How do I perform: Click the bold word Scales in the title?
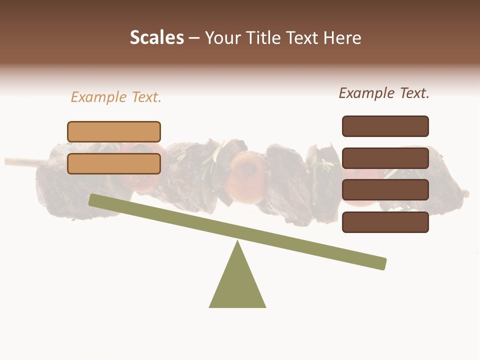click(156, 37)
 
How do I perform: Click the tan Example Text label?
click(116, 97)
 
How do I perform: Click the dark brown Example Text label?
click(384, 93)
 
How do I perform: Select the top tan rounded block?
click(114, 131)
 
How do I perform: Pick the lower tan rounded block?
click(114, 163)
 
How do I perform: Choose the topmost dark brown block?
click(385, 126)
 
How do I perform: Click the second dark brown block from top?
click(385, 158)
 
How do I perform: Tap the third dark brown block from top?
click(385, 190)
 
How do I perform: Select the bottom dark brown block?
click(385, 222)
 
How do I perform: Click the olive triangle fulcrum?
click(237, 285)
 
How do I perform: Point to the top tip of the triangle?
click(237, 242)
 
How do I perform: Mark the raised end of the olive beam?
click(93, 199)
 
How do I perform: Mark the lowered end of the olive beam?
click(382, 263)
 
